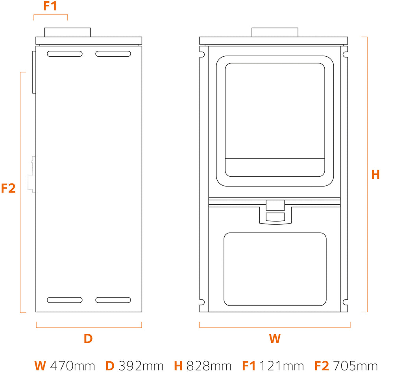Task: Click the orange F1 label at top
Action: pyautogui.click(x=50, y=6)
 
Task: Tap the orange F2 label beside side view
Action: pyautogui.click(x=8, y=188)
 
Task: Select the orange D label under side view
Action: pyautogui.click(x=88, y=339)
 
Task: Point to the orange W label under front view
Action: pyautogui.click(x=275, y=339)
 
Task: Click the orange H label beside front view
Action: pyautogui.click(x=375, y=175)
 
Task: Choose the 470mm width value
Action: pyautogui.click(x=72, y=366)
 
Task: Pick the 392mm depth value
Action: pyautogui.click(x=141, y=366)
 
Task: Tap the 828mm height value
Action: pyautogui.click(x=209, y=366)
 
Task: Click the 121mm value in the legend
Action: pyautogui.click(x=282, y=366)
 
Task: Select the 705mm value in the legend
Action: pyautogui.click(x=355, y=366)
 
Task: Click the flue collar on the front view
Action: pyautogui.click(x=275, y=32)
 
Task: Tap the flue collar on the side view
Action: pyautogui.click(x=67, y=32)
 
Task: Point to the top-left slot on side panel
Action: pyautogui.click(x=65, y=54)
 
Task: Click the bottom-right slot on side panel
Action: pyautogui.click(x=113, y=300)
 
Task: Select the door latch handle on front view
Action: pyautogui.click(x=275, y=212)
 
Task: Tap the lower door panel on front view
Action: pyautogui.click(x=275, y=269)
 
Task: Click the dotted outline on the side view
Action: pyautogui.click(x=32, y=174)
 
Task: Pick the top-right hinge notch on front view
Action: pyautogui.click(x=345, y=54)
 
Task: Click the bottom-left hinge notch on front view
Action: pyautogui.click(x=202, y=302)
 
